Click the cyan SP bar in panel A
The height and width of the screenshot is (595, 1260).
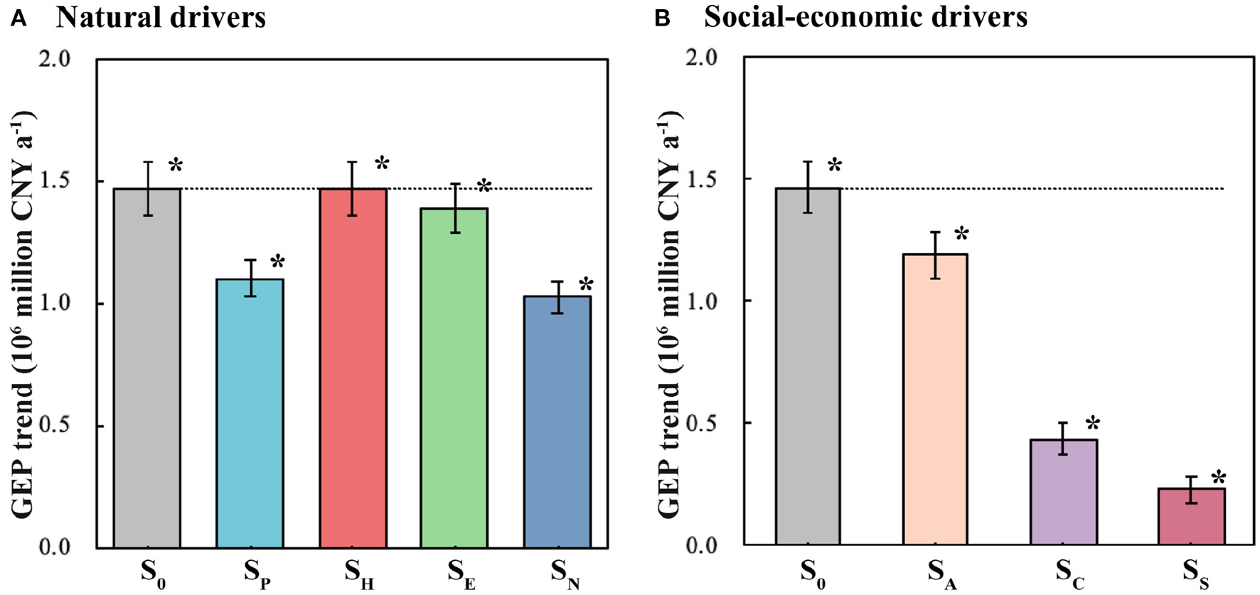[250, 412]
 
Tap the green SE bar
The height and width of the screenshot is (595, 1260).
[454, 377]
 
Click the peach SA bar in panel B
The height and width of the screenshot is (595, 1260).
[935, 399]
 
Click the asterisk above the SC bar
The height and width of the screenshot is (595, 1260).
[1093, 425]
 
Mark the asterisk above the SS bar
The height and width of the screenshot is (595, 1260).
[1219, 478]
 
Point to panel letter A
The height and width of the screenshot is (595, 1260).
[19, 18]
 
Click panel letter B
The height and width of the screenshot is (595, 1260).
[662, 18]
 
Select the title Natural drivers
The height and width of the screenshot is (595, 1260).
[161, 17]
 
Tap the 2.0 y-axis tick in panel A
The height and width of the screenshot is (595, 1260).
[55, 59]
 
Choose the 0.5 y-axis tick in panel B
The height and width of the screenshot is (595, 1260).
[702, 424]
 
